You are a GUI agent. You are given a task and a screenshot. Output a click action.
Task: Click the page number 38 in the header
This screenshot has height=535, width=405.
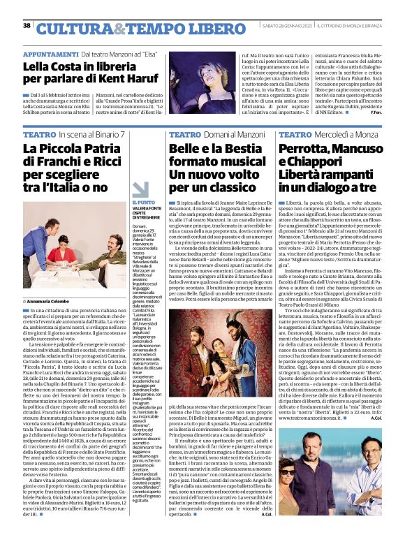27,26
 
